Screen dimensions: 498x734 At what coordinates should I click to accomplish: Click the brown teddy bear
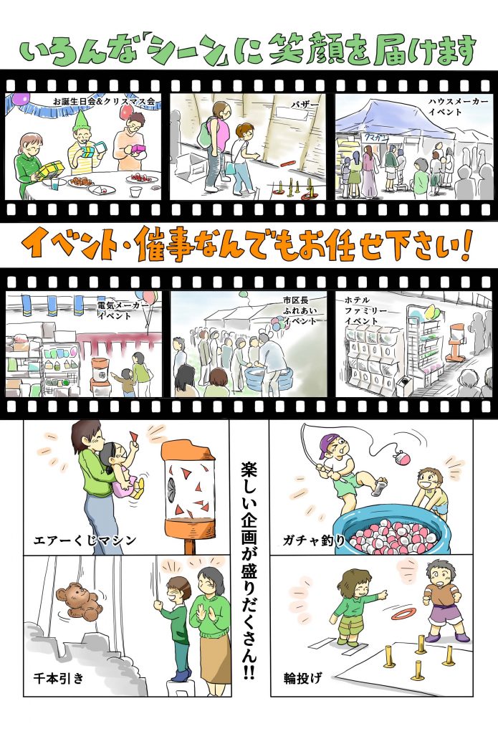click(79, 601)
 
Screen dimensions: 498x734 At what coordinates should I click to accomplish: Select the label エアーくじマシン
click(85, 540)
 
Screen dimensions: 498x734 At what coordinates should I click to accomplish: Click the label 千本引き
click(59, 677)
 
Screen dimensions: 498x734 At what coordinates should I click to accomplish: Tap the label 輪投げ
click(303, 677)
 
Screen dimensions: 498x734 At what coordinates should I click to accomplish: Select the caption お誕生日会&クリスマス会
click(104, 101)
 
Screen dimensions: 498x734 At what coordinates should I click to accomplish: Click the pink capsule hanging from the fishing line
click(402, 456)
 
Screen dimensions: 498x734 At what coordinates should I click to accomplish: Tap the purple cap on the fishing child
click(330, 444)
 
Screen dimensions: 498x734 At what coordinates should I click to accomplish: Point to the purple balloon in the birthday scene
click(20, 98)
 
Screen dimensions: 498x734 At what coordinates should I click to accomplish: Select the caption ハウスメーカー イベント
click(458, 106)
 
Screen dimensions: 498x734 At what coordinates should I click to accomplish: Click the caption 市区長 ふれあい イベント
click(300, 310)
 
